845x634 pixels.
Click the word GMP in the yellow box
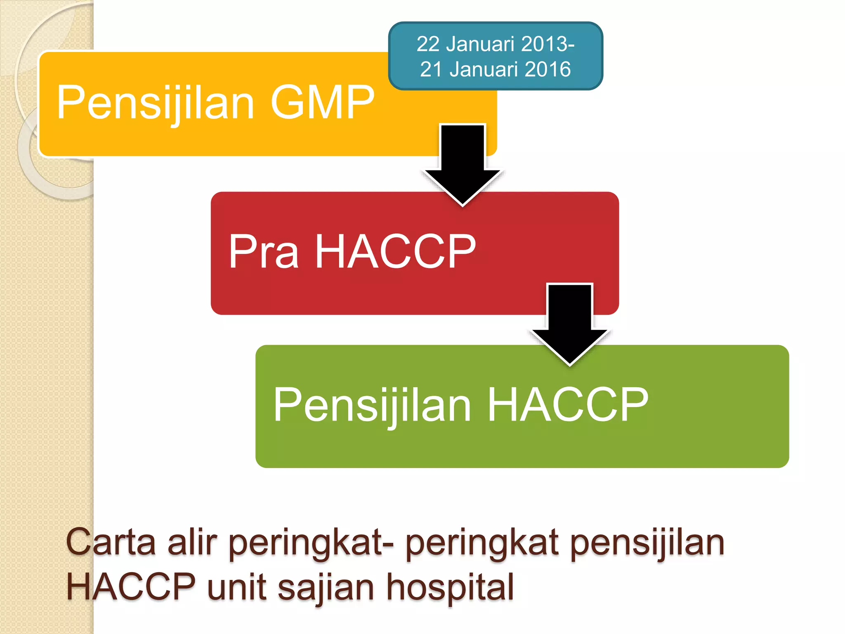click(x=323, y=102)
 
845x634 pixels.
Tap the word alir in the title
click(x=192, y=542)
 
